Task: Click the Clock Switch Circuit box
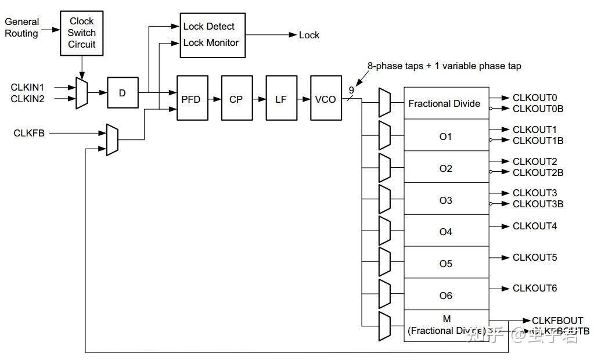[82, 33]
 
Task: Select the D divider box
[123, 93]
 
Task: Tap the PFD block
[192, 99]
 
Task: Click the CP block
[236, 99]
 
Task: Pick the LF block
[281, 99]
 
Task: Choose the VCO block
[325, 99]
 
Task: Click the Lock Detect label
[208, 26]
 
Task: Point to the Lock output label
[309, 35]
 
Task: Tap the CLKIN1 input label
[27, 87]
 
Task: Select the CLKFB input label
[29, 133]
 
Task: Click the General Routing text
[22, 27]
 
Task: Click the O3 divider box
[446, 200]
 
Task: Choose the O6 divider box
[446, 296]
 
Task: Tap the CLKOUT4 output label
[535, 226]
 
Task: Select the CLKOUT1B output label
[538, 141]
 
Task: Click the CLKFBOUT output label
[557, 321]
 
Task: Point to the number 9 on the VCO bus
[351, 91]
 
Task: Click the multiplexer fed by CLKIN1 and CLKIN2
[82, 93]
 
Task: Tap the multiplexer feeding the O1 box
[384, 136]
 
